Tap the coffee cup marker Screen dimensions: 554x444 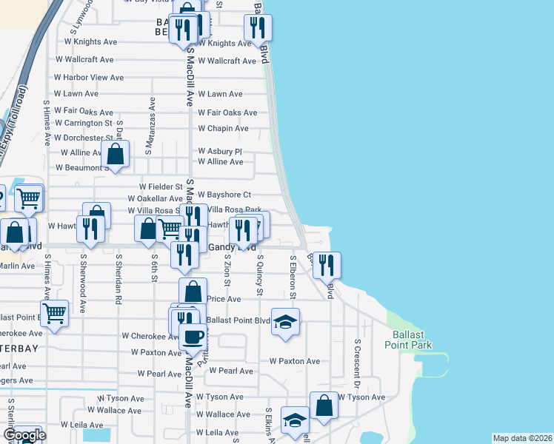(193, 336)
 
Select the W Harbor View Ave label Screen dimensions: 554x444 (89, 77)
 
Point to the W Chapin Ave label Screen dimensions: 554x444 (223, 128)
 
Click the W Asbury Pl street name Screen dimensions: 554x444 (220, 151)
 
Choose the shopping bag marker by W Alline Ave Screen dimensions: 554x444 (116, 154)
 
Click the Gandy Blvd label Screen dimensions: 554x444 (232, 247)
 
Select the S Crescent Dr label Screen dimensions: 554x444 (356, 363)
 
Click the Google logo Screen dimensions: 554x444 (24, 435)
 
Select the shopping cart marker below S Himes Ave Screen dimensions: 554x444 (55, 313)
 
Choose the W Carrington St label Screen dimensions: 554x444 (84, 123)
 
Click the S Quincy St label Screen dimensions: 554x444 (260, 275)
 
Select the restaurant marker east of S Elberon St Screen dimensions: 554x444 (327, 265)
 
